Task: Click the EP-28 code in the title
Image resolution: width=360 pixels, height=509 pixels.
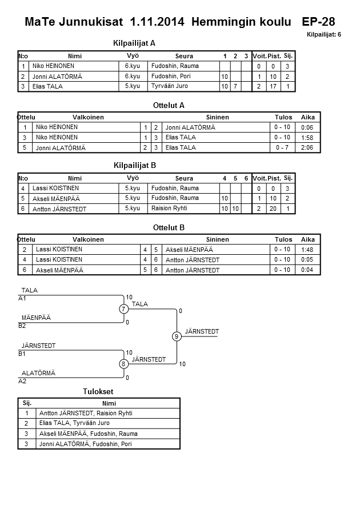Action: click(318, 22)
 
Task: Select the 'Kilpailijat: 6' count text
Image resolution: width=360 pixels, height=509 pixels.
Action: click(324, 35)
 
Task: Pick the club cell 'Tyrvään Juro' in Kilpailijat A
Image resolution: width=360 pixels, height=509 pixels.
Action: click(170, 86)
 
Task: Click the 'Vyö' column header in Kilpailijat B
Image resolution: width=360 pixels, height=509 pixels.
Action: click(133, 178)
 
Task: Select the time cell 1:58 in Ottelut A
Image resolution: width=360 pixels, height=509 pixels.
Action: click(307, 138)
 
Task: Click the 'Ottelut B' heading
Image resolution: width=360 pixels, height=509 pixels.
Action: click(169, 227)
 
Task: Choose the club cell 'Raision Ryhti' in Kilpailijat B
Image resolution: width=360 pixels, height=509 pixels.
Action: click(170, 209)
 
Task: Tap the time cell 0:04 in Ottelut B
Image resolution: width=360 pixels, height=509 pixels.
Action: click(307, 270)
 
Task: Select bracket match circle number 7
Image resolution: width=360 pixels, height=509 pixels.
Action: click(123, 309)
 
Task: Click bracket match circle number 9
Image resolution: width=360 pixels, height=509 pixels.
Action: click(177, 336)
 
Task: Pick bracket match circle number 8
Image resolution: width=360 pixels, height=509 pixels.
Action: click(123, 364)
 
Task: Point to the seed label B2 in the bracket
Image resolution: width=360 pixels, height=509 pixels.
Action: click(22, 326)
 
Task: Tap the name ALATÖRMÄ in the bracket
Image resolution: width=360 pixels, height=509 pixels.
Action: click(38, 373)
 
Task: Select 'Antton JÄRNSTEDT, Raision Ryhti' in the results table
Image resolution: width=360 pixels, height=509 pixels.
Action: click(86, 413)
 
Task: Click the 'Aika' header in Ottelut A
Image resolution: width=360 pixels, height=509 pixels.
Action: click(308, 117)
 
